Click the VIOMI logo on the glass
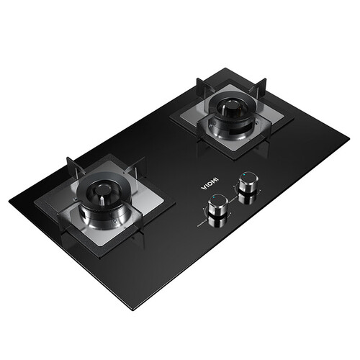pyautogui.click(x=210, y=183)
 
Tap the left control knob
pyautogui.click(x=218, y=204)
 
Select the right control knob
pyautogui.click(x=248, y=182)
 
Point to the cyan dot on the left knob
pyautogui.click(x=213, y=197)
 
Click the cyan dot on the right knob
pyautogui.click(x=244, y=175)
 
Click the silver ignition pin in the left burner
pyautogui.click(x=102, y=200)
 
